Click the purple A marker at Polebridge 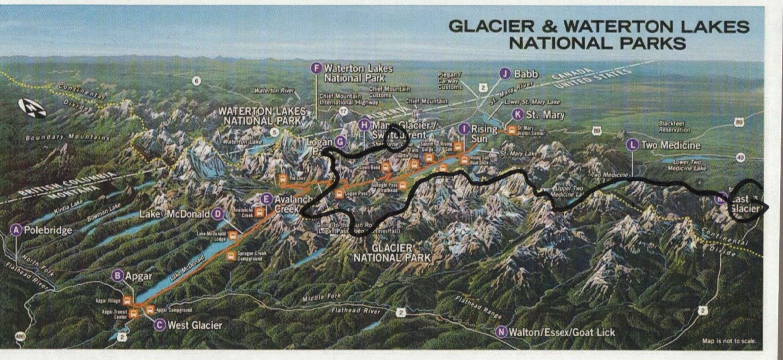(x=17, y=230)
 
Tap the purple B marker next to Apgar (x=117, y=275)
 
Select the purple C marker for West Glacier (x=160, y=325)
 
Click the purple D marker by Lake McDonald (x=218, y=214)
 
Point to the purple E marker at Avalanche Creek (x=266, y=199)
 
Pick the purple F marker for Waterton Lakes (x=317, y=68)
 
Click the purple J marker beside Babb (x=505, y=74)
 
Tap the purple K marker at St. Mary (x=518, y=114)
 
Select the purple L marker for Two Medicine (x=633, y=145)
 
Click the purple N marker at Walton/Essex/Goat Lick (x=501, y=332)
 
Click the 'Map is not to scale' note (x=729, y=341)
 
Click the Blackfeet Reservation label (x=674, y=127)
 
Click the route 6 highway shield (x=197, y=81)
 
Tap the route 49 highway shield (x=740, y=157)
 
